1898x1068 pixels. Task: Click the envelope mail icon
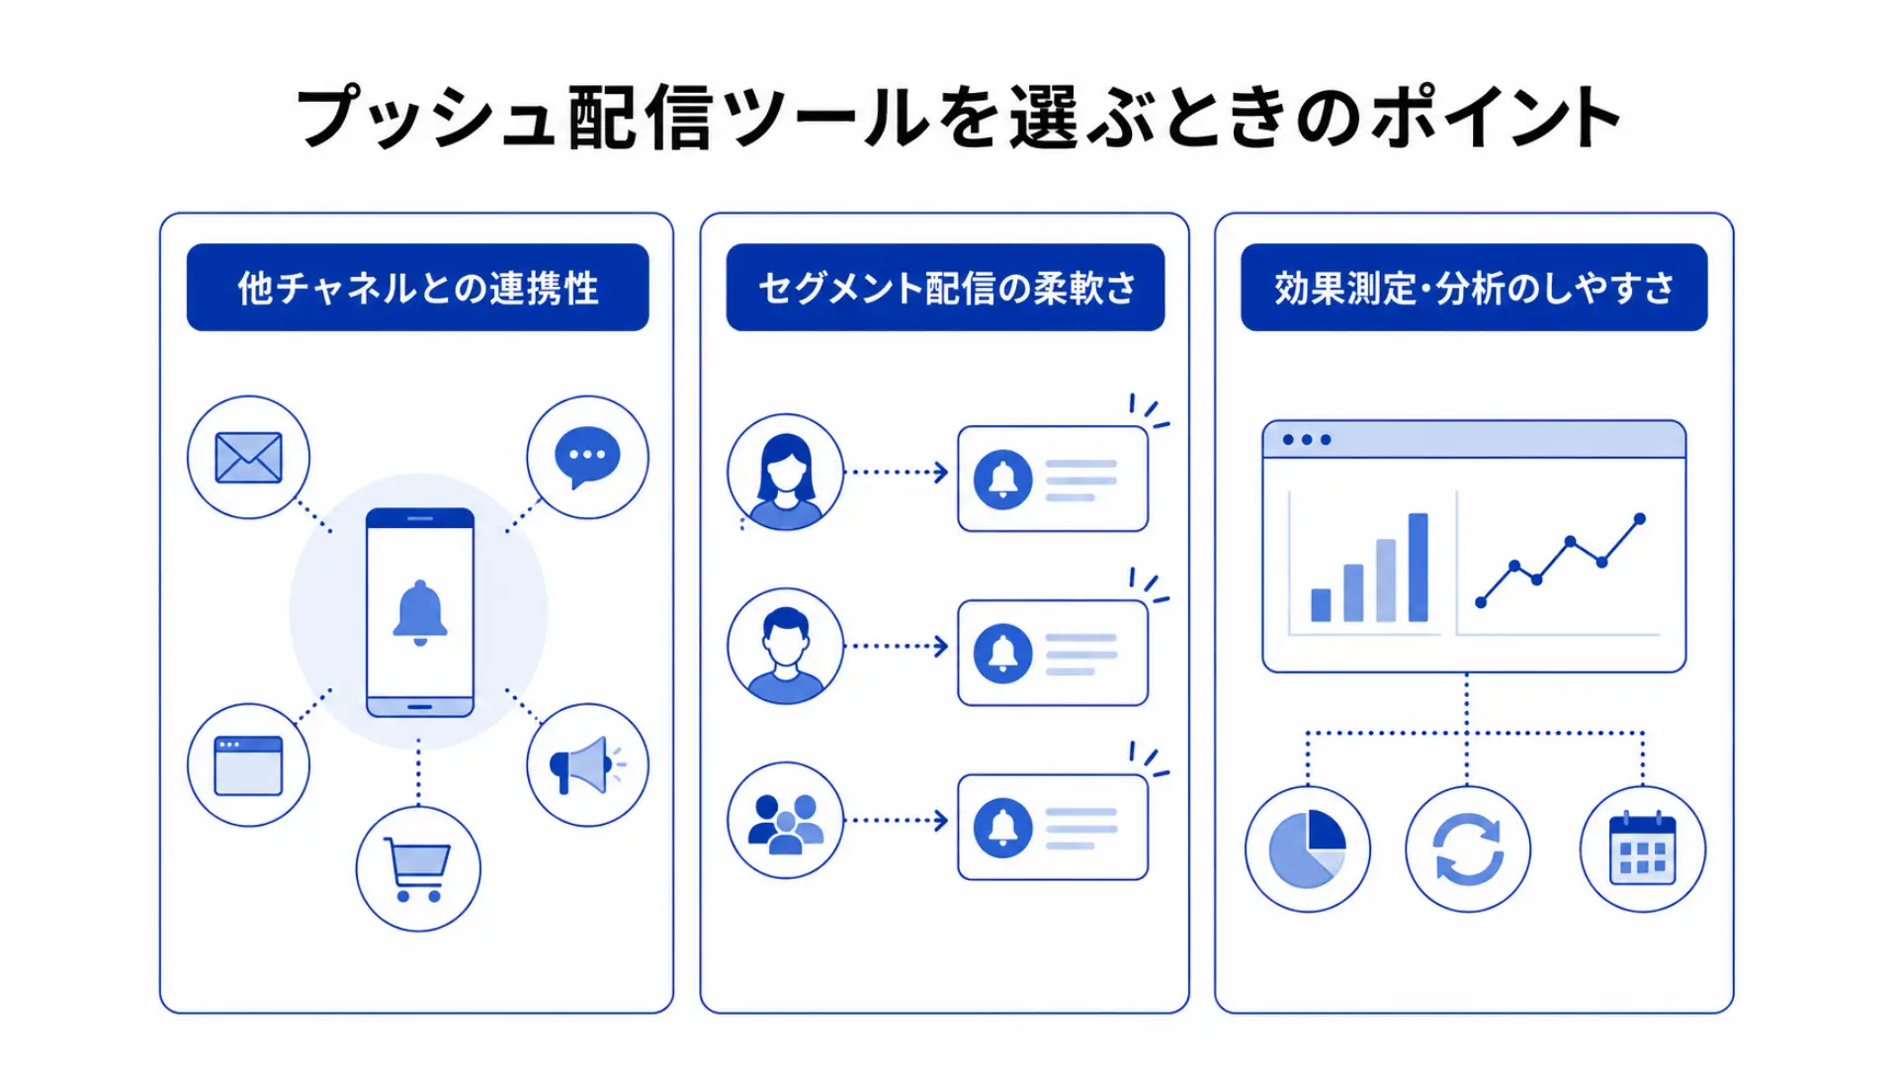248,458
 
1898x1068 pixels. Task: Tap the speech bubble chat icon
587,456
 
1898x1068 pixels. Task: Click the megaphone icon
586,764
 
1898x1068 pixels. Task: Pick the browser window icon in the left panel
248,765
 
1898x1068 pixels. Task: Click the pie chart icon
1307,848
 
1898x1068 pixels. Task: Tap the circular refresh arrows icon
1468,848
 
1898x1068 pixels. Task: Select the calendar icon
1642,848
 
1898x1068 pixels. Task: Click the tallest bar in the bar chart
1418,567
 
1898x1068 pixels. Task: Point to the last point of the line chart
1640,518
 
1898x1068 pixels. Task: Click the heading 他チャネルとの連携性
418,288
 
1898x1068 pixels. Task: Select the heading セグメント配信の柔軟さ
946,288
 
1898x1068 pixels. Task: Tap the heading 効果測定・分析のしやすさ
1474,288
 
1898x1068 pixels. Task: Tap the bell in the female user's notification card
1003,479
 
